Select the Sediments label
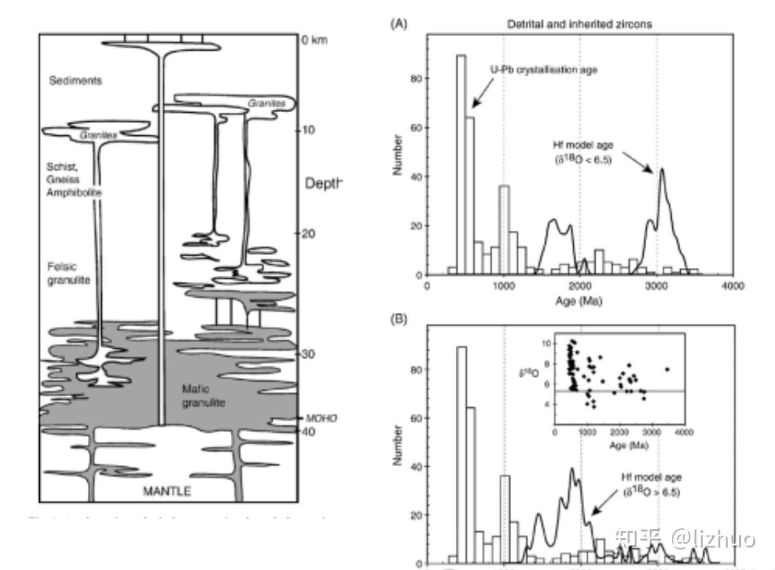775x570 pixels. click(x=76, y=81)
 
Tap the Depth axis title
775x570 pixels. click(x=324, y=183)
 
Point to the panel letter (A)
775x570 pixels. click(x=398, y=24)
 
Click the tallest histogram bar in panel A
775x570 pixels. click(x=461, y=165)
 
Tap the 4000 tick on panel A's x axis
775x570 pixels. click(x=732, y=287)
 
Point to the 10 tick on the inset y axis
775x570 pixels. click(x=546, y=344)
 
